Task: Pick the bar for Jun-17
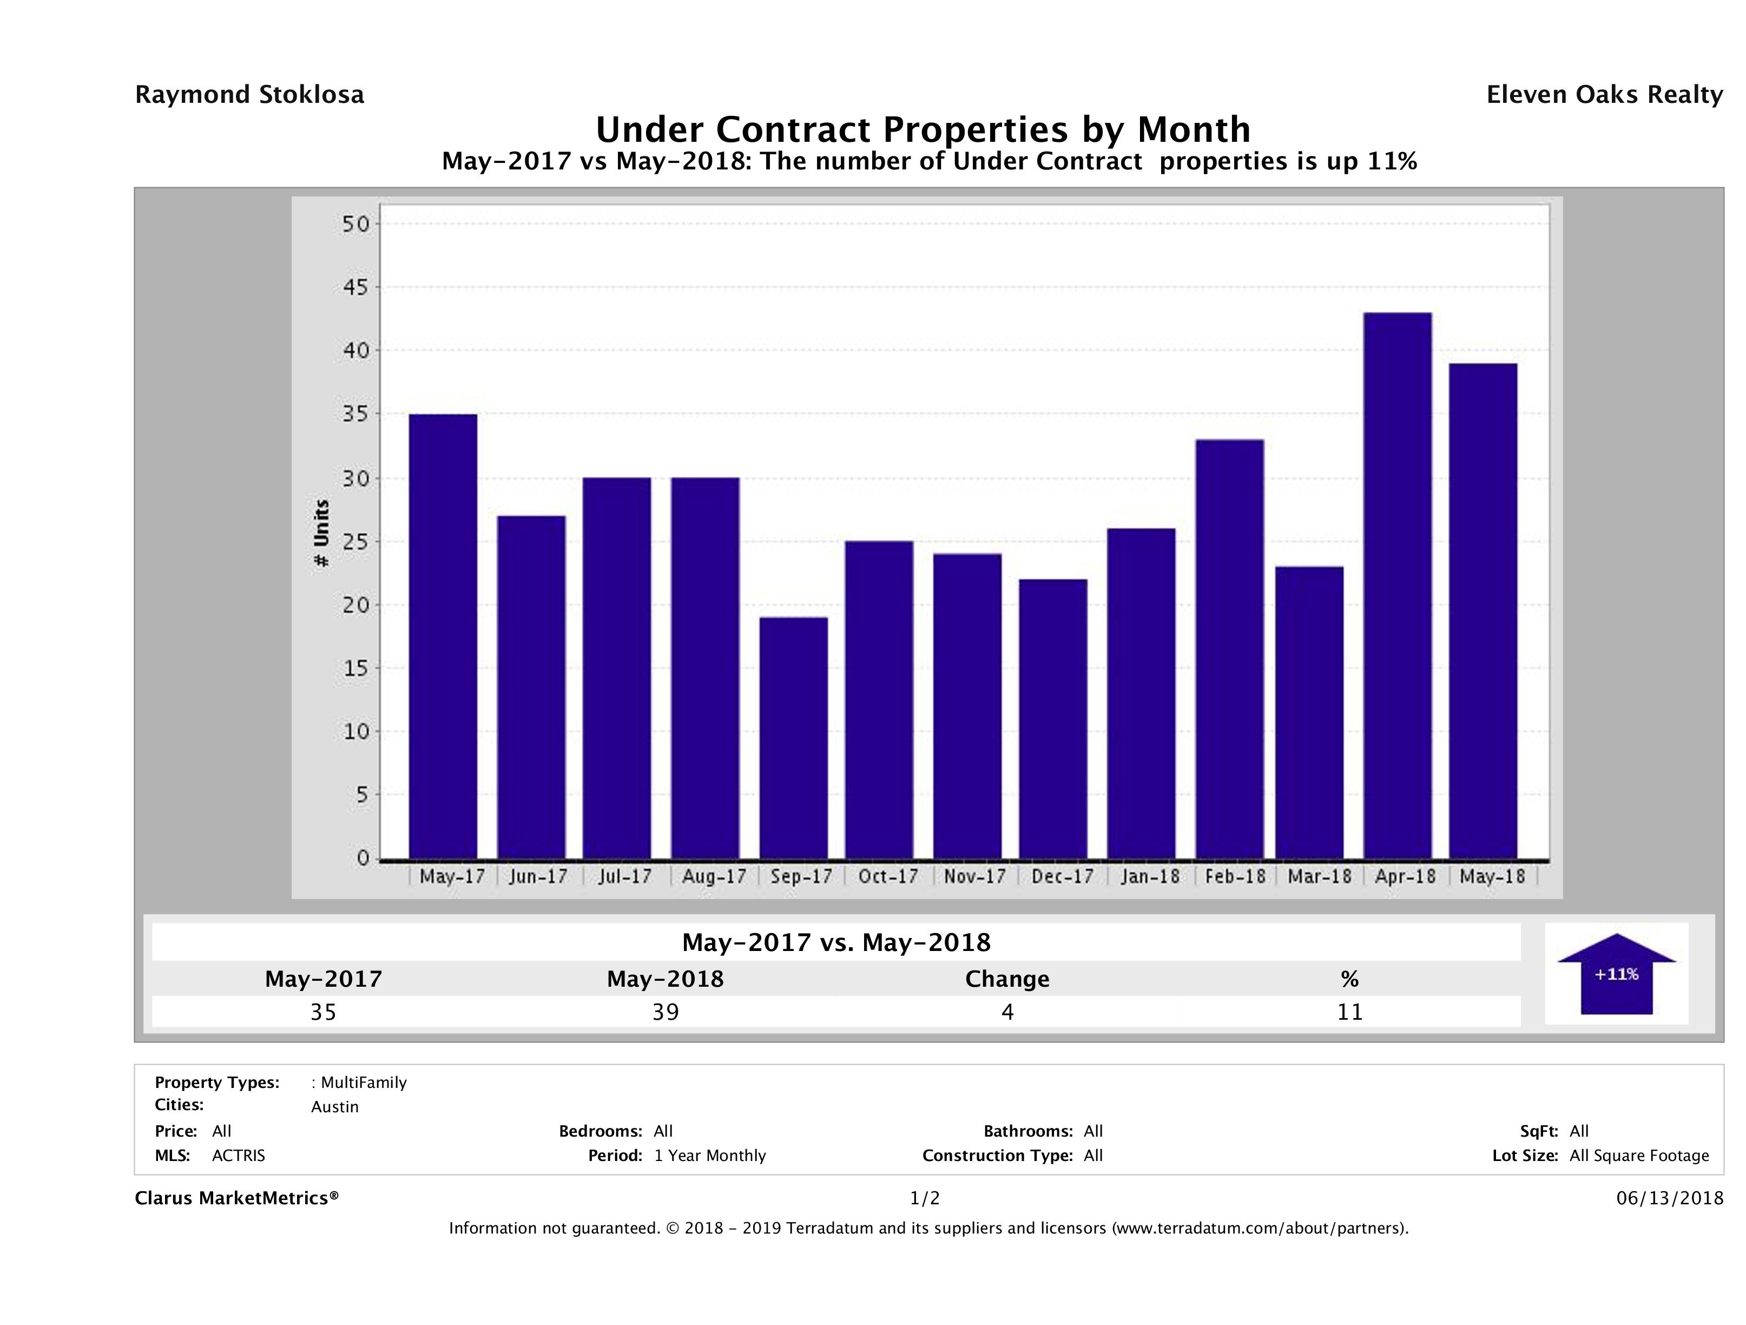(x=531, y=687)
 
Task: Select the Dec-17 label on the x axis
(x=1063, y=876)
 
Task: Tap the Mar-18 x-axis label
(x=1319, y=876)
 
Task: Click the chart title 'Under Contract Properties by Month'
(x=923, y=129)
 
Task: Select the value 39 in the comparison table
(x=666, y=1012)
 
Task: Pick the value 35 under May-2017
(x=324, y=1012)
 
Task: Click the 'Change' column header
(x=1007, y=979)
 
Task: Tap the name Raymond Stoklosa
(x=249, y=95)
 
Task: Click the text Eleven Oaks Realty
(x=1604, y=95)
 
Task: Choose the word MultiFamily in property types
(x=364, y=1083)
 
